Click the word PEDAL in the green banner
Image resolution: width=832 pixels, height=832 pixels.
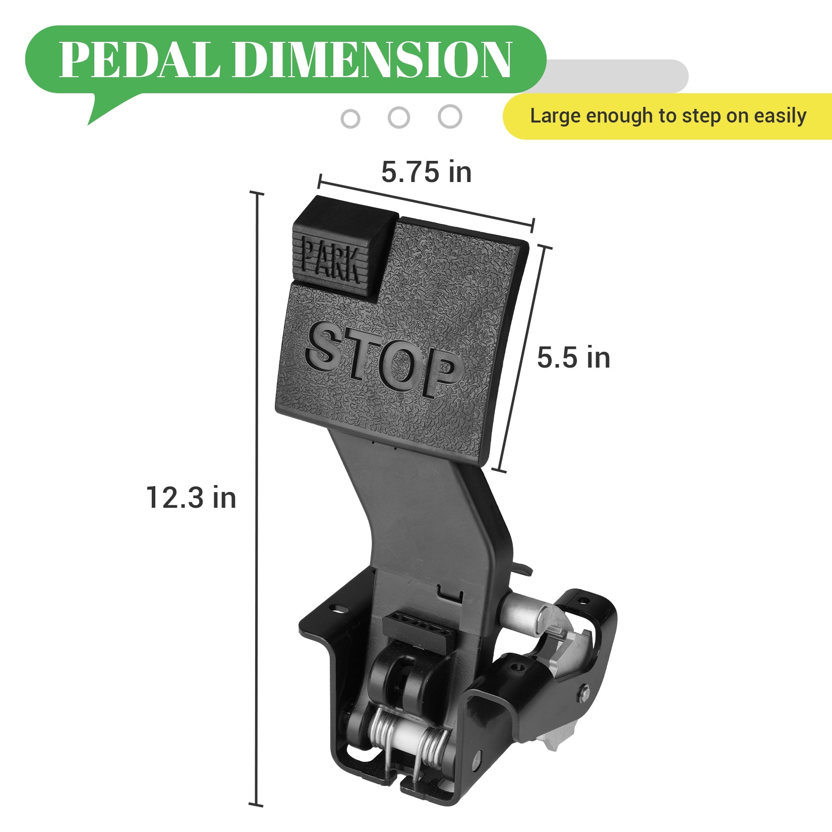[139, 60]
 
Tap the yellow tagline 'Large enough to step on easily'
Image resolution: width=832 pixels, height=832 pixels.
[668, 116]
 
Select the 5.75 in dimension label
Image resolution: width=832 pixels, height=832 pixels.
[426, 172]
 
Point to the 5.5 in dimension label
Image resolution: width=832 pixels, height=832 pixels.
[573, 358]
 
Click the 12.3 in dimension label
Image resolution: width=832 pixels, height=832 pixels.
[191, 498]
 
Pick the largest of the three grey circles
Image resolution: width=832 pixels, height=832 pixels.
[450, 116]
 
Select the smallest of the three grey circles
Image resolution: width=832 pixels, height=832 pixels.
[350, 119]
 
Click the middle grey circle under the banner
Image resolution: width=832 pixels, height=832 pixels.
[399, 118]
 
